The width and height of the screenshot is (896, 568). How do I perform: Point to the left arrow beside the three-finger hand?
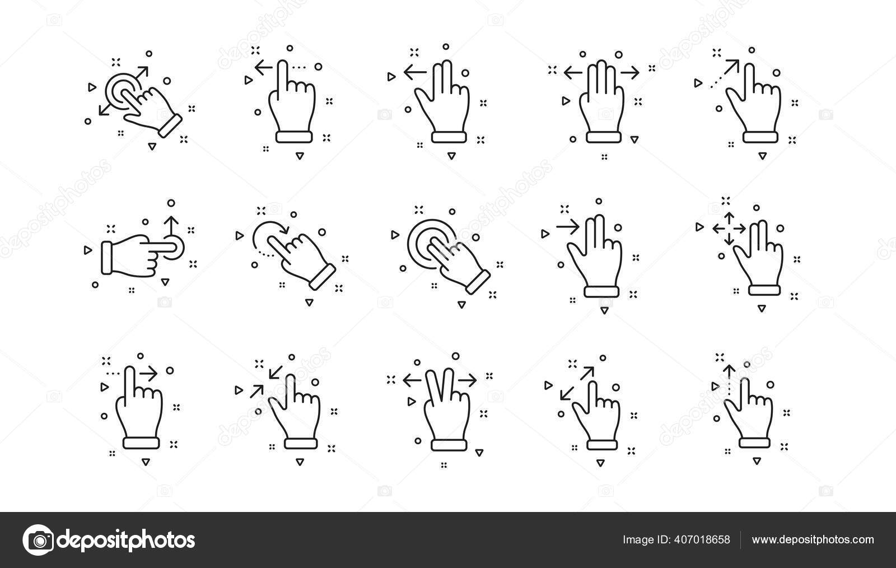point(572,72)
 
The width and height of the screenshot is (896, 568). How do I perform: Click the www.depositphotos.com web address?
point(812,540)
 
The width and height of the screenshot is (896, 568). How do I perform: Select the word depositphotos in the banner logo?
point(127,540)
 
